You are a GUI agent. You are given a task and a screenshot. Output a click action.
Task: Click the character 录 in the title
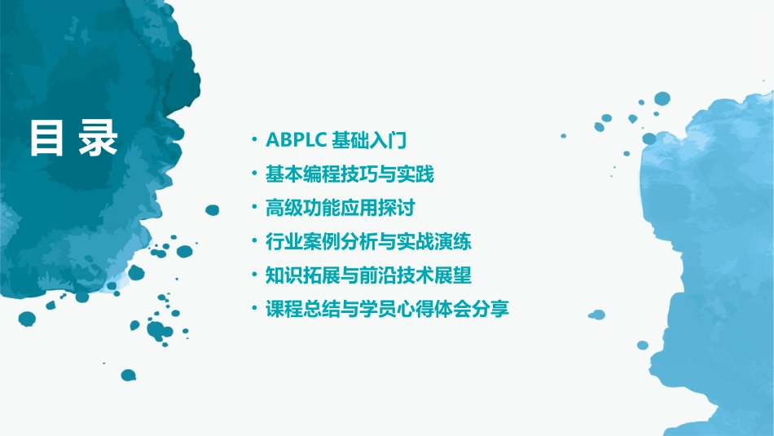[99, 139]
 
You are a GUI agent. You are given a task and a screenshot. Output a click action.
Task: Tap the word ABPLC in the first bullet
[296, 140]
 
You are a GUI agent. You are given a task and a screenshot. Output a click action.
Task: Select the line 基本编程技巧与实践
[350, 174]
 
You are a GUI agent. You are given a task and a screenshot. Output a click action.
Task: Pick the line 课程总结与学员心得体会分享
[388, 310]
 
